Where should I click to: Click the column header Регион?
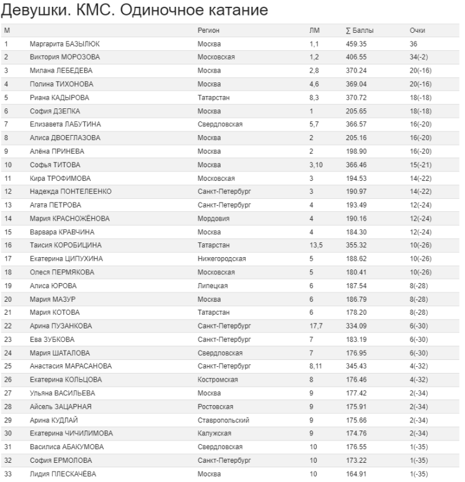point(208,30)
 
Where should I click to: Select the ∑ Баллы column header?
point(359,30)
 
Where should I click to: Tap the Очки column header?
point(417,30)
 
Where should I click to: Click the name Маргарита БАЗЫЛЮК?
point(65,44)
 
